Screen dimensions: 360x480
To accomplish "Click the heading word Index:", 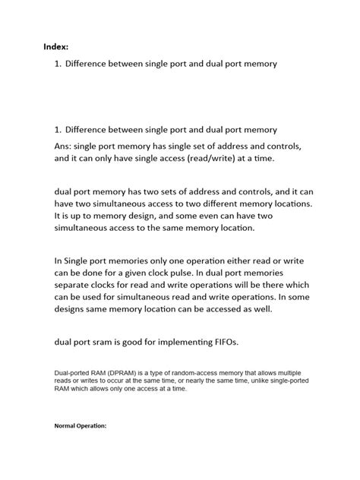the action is (55, 47).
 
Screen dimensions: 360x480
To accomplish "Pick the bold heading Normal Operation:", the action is (81, 425).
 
